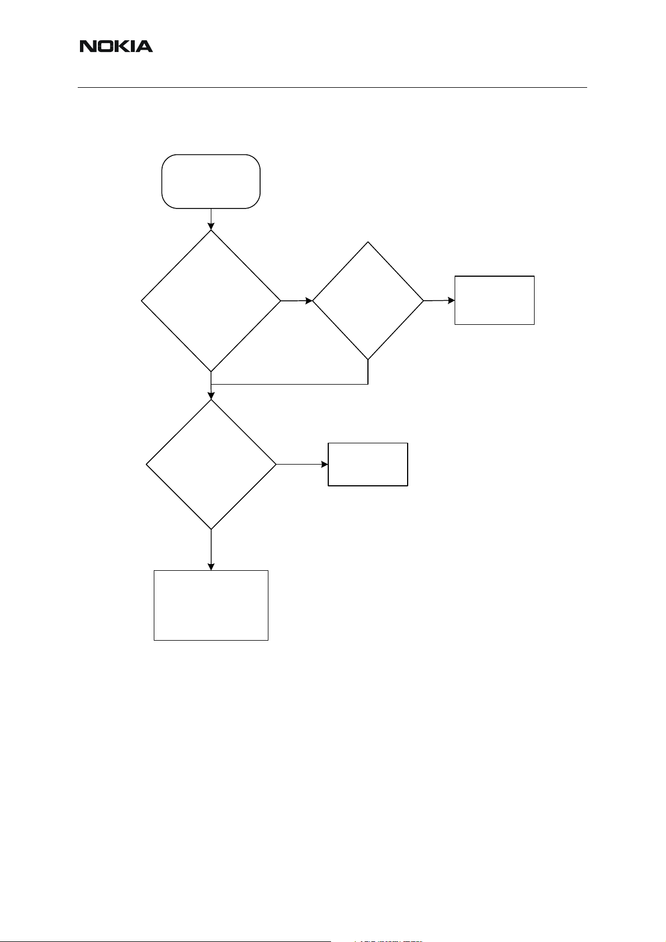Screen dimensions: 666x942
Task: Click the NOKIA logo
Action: point(116,46)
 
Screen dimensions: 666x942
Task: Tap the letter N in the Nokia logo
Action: point(87,46)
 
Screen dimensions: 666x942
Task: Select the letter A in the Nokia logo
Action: point(144,46)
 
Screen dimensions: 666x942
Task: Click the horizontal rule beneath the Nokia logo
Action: point(332,87)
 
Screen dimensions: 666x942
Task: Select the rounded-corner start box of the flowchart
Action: point(211,182)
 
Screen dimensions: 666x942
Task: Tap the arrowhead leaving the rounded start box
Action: point(211,226)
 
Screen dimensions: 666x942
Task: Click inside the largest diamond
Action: point(211,301)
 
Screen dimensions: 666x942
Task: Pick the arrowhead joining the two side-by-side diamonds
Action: point(309,301)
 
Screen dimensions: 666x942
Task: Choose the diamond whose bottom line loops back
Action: point(368,301)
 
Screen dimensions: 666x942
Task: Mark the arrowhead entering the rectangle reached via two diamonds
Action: point(451,300)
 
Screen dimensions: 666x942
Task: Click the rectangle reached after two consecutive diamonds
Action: point(494,300)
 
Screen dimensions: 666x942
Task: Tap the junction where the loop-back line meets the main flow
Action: point(211,385)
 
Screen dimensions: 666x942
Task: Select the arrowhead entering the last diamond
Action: point(211,396)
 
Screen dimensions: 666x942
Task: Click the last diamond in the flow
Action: point(211,464)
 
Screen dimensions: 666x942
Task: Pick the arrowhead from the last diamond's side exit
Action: point(324,464)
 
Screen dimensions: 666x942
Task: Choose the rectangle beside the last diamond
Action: point(367,464)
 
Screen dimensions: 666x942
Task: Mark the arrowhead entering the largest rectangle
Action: point(211,567)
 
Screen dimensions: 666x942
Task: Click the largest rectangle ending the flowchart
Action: point(211,605)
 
